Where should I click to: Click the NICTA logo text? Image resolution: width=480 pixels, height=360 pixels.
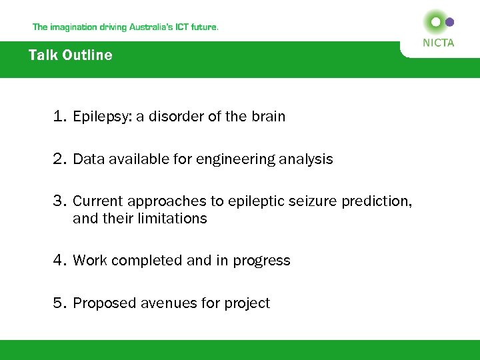(x=438, y=43)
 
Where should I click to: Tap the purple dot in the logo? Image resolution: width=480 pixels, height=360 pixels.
(x=450, y=22)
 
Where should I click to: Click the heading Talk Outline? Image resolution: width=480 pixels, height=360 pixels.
(x=71, y=55)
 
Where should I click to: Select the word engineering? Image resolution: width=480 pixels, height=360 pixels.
(x=230, y=160)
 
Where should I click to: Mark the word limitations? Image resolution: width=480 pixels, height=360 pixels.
(x=175, y=219)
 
